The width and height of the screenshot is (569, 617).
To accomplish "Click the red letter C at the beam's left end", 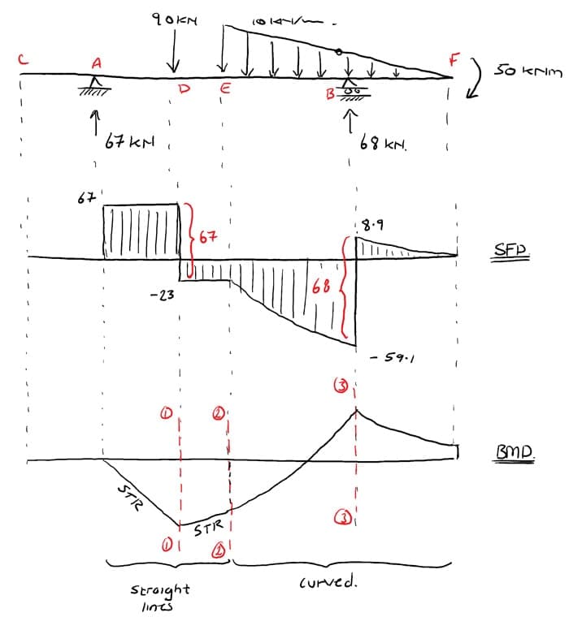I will point(25,58).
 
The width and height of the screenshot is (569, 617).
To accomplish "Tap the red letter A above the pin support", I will point(97,62).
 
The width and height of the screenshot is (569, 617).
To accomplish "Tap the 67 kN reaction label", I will point(125,142).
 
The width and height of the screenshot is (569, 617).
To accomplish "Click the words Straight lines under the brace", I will point(160,595).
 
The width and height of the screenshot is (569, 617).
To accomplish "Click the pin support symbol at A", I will point(96,84).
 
